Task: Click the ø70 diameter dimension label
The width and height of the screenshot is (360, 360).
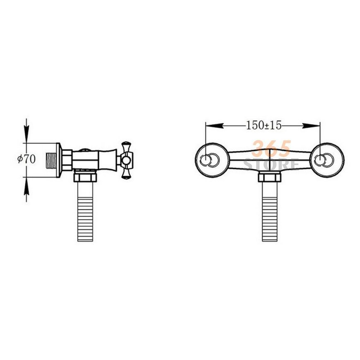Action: click(x=26, y=159)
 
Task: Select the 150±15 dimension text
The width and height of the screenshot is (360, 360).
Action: click(x=264, y=125)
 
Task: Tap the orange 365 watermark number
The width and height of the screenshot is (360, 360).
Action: click(x=272, y=149)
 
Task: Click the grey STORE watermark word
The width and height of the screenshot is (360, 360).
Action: click(x=271, y=164)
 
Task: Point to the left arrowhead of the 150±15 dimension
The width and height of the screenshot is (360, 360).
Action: click(x=214, y=126)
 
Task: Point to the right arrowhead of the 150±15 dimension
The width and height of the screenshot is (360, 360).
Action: click(x=311, y=126)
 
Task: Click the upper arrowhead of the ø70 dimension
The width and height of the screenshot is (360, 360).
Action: click(x=26, y=134)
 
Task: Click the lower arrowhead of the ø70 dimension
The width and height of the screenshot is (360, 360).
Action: click(x=26, y=185)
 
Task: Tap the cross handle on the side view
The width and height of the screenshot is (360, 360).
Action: click(x=127, y=160)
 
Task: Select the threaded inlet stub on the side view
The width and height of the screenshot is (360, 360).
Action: click(x=51, y=160)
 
